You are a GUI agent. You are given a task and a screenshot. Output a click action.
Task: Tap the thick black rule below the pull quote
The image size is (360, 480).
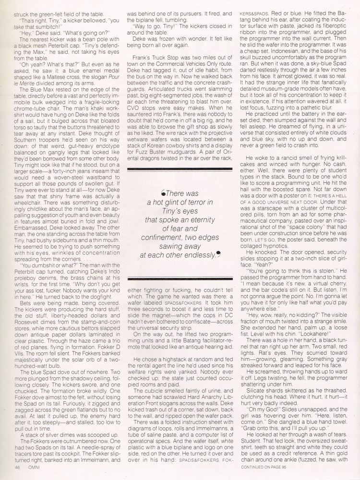pos(178,276)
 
